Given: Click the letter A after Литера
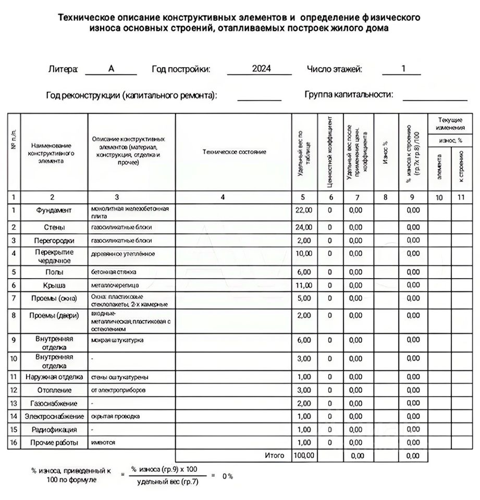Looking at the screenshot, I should pyautogui.click(x=111, y=69).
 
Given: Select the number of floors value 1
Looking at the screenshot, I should pyautogui.click(x=403, y=69).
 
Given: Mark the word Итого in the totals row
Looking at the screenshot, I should pyautogui.click(x=275, y=456).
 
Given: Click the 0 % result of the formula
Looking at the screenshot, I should pyautogui.click(x=227, y=476).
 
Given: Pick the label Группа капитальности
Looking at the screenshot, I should pyautogui.click(x=349, y=95).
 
